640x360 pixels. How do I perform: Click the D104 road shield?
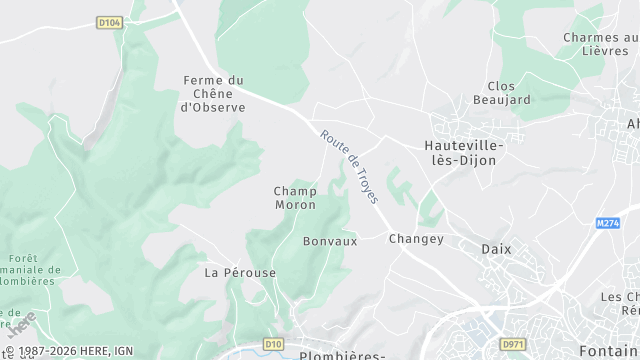pos(109,21)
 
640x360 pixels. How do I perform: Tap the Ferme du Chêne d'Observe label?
pos(212,94)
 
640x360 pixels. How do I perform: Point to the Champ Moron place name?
pos(295,198)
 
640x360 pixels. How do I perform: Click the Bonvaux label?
pos(330,241)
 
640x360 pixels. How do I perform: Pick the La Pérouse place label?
pos(240,272)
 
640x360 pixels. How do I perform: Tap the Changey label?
pos(416,238)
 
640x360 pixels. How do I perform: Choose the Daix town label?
pos(496,248)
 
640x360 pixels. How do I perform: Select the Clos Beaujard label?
pos(508,93)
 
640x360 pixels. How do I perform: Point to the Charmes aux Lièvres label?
pos(600,44)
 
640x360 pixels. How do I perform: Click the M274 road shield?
pos(608,223)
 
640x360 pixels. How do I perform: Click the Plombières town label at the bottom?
pos(343,355)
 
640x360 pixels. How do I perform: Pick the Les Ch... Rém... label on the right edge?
pos(620,304)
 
